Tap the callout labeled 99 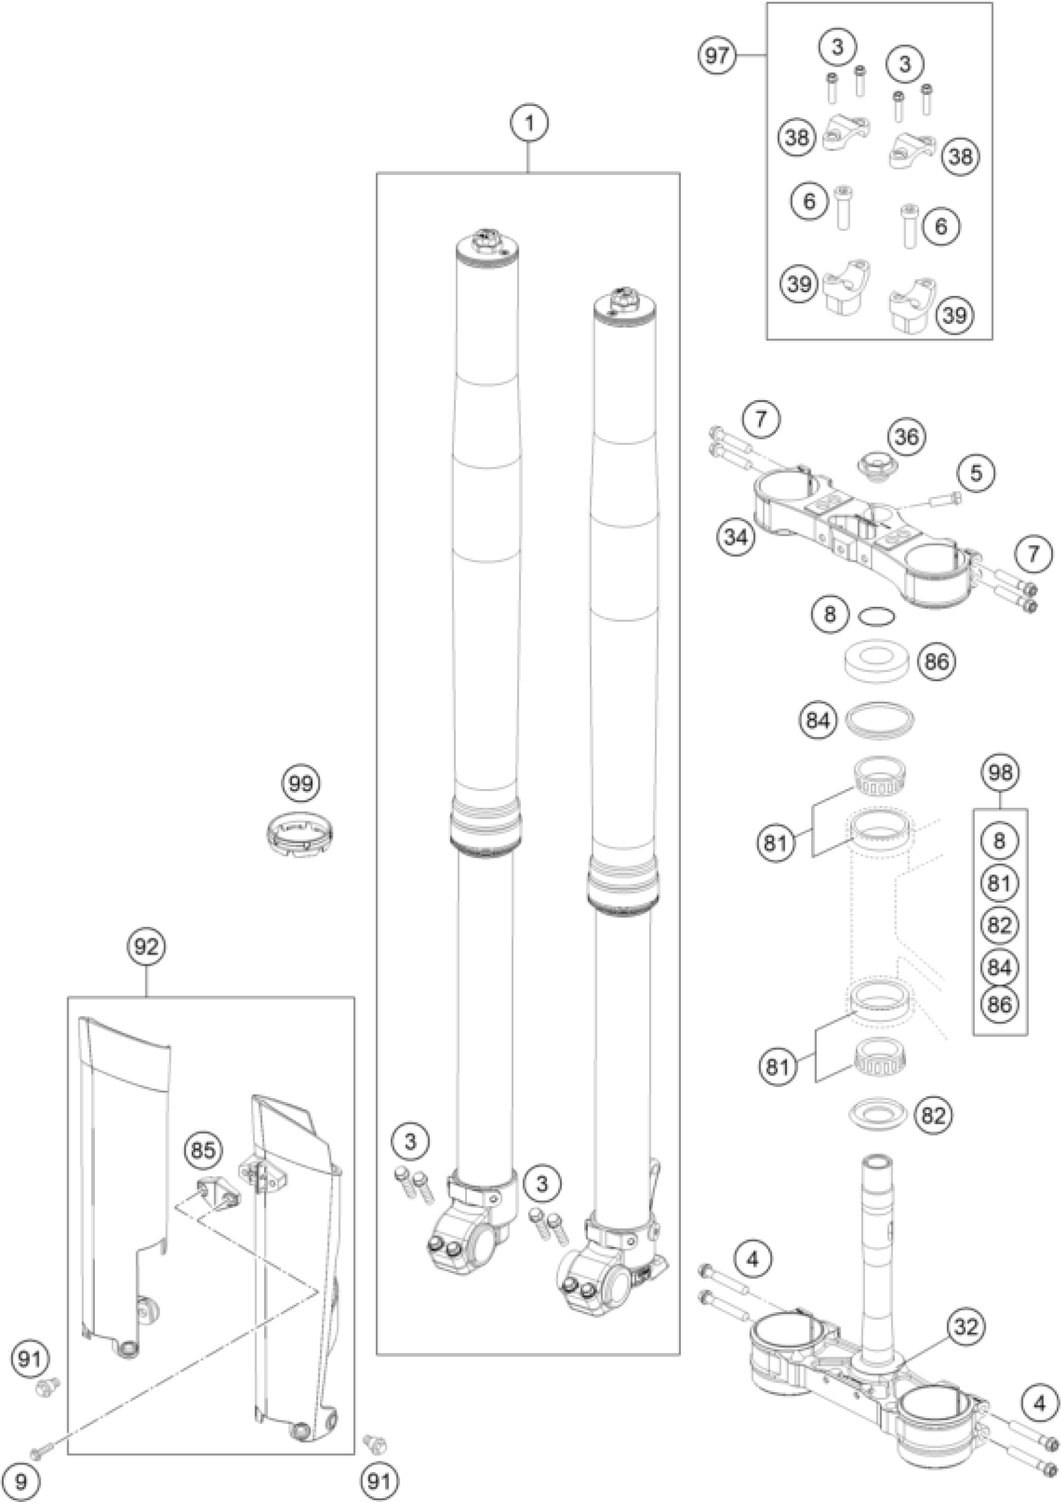pos(301,783)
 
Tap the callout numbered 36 pos(907,436)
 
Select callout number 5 pos(976,473)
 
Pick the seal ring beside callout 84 pos(880,720)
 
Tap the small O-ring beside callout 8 pos(876,616)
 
